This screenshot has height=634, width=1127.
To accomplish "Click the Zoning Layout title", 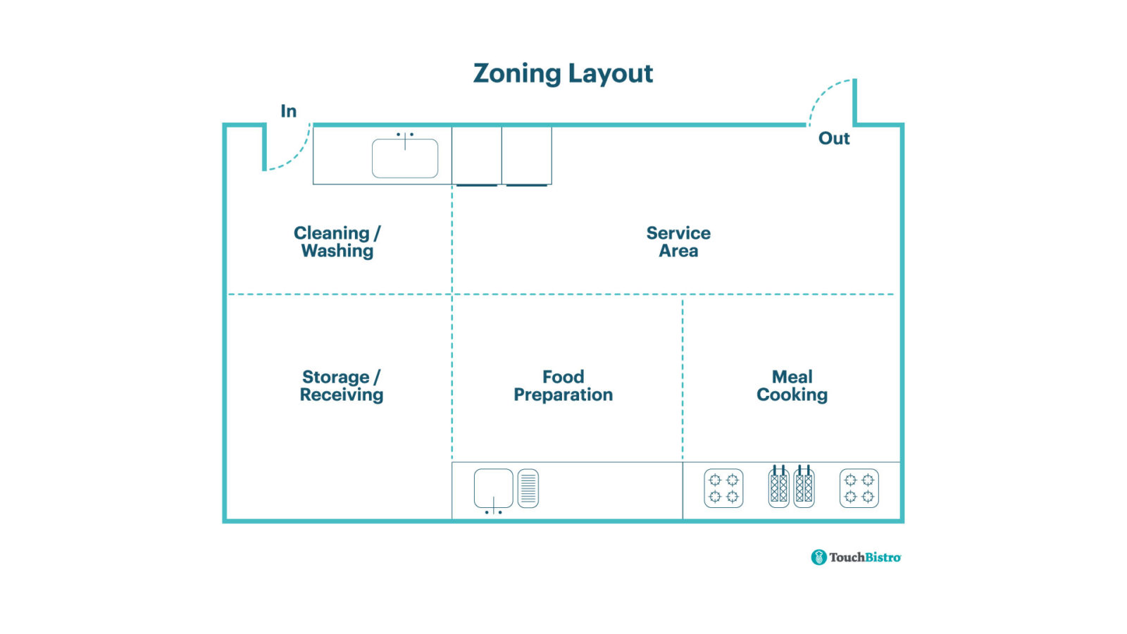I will pos(563,73).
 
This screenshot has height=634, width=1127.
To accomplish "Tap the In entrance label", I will pos(289,111).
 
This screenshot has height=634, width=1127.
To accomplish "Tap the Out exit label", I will pos(834,139).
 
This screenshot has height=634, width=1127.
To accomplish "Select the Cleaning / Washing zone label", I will pos(337,242).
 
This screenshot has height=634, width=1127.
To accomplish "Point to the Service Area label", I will pos(678,242).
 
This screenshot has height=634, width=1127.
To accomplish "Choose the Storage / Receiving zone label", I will pos(342,385).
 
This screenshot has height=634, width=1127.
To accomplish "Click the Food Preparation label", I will pos(563,385).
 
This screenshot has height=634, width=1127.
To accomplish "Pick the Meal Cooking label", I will pos(792,385).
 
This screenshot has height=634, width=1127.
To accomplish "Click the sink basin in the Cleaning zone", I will pos(405,158).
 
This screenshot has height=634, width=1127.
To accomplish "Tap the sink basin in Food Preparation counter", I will pos(493,487).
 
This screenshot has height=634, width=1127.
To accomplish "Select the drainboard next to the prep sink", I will pos(528,488).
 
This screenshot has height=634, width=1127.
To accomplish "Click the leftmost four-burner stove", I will pos(723,488).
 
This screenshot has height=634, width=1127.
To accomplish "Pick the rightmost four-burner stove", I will pos(859,488).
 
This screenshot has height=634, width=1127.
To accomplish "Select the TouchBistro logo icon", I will pos(818,557).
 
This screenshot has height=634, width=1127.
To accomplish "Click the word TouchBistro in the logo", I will pos(865,557).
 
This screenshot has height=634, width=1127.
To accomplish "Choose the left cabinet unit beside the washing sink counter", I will pos(477,155).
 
